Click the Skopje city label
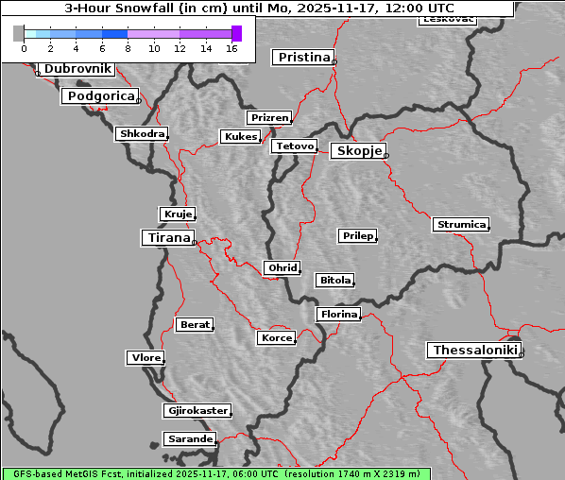[x=358, y=151]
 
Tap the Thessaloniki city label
[x=474, y=350]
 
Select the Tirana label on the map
[x=167, y=238]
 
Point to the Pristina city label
[x=303, y=58]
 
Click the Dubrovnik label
[x=77, y=69]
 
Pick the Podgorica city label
[x=99, y=96]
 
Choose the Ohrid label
[x=282, y=268]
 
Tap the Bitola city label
[x=334, y=281]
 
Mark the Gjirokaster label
[x=197, y=411]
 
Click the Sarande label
[x=189, y=439]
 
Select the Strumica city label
[x=461, y=225]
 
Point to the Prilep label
[x=357, y=235]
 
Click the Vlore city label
[x=145, y=357]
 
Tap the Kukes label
[x=240, y=137]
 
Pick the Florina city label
[x=338, y=314]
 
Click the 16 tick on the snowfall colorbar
[x=231, y=48]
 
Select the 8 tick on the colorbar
[x=128, y=48]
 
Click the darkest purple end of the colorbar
[x=236, y=33]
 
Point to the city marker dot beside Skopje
[x=385, y=155]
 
